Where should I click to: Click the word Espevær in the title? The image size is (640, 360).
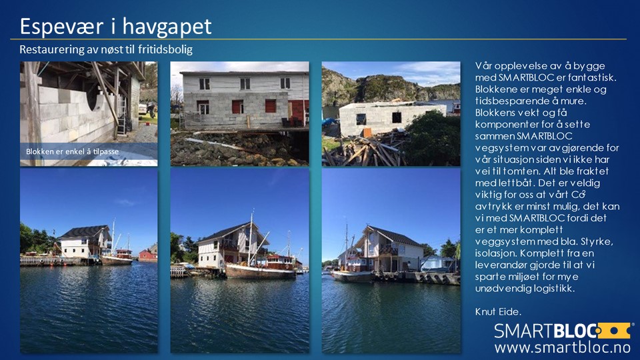pyautogui.click(x=61, y=27)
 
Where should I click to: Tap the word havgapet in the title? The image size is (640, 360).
pyautogui.click(x=167, y=27)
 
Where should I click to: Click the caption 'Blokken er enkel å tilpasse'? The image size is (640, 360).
pyautogui.click(x=72, y=151)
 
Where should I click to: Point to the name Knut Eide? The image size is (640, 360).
pyautogui.click(x=498, y=312)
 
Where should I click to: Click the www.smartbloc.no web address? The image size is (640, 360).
pyautogui.click(x=563, y=347)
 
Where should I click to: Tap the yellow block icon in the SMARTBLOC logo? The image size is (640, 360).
pyautogui.click(x=614, y=330)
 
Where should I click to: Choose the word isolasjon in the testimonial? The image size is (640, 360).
pyautogui.click(x=494, y=253)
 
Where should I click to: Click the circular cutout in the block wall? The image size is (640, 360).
pyautogui.click(x=93, y=101)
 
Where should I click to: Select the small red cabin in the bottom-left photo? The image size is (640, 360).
pyautogui.click(x=147, y=255)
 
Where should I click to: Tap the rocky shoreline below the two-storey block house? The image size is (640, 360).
pyautogui.click(x=239, y=149)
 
